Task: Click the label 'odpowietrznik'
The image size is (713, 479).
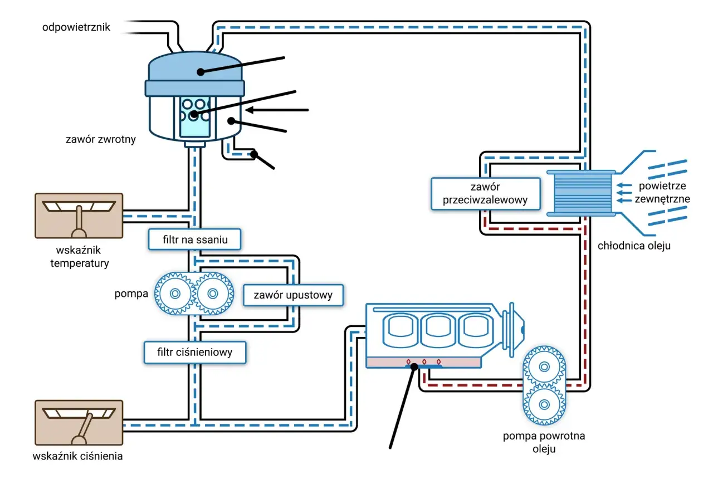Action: pyautogui.click(x=76, y=27)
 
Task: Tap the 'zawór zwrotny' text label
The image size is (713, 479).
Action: pyautogui.click(x=101, y=139)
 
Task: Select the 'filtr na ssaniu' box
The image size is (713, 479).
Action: pyautogui.click(x=195, y=239)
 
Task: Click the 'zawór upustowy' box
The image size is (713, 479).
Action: pyautogui.click(x=293, y=295)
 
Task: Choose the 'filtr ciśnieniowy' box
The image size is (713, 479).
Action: pyautogui.click(x=195, y=353)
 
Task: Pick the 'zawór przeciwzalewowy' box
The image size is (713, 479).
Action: pyautogui.click(x=485, y=193)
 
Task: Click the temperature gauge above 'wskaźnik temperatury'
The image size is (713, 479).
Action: pyautogui.click(x=79, y=216)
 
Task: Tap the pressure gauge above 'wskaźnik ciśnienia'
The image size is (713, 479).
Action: pyautogui.click(x=79, y=422)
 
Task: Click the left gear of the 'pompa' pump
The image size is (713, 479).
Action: pyautogui.click(x=175, y=294)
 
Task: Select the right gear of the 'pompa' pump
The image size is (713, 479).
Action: pyautogui.click(x=213, y=294)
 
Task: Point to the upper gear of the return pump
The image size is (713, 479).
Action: pyautogui.click(x=544, y=366)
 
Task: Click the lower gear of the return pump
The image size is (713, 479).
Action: pyautogui.click(x=544, y=404)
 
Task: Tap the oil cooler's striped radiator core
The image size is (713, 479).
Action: pyautogui.click(x=583, y=193)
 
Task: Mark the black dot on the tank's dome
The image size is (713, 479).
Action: pyautogui.click(x=201, y=72)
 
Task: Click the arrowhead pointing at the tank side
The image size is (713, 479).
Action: pyautogui.click(x=250, y=110)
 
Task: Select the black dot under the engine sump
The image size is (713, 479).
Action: pyautogui.click(x=414, y=366)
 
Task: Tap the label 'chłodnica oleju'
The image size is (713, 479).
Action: pyautogui.click(x=634, y=246)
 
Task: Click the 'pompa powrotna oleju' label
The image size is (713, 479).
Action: pyautogui.click(x=544, y=442)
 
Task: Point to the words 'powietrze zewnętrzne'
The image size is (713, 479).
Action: pyautogui.click(x=662, y=192)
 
